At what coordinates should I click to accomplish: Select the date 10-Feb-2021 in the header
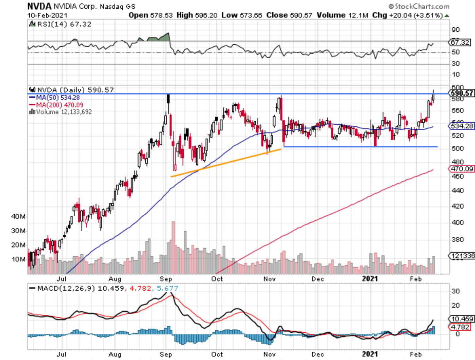(x=43, y=15)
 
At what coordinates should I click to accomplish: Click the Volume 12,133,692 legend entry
(x=63, y=112)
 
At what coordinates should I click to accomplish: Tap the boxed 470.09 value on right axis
(x=461, y=169)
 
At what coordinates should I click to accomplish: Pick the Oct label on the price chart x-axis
(x=217, y=279)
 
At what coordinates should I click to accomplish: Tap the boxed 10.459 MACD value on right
(x=462, y=319)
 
